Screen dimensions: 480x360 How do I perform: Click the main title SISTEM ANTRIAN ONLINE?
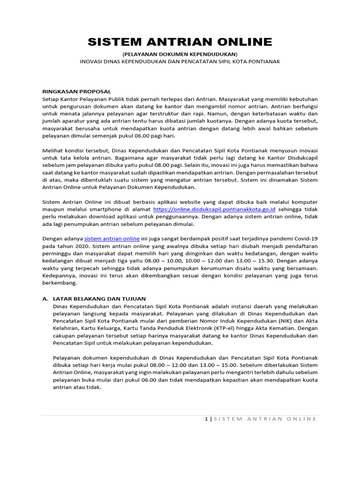(180, 42)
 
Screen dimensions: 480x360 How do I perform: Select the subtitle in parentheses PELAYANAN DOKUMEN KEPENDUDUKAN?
(180, 54)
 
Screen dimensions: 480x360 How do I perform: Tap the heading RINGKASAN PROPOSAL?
(76, 91)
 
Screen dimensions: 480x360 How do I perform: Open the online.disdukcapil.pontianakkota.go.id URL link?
(214, 209)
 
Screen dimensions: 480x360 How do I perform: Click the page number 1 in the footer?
(206, 419)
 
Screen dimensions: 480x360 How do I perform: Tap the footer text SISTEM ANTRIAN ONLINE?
(265, 419)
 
